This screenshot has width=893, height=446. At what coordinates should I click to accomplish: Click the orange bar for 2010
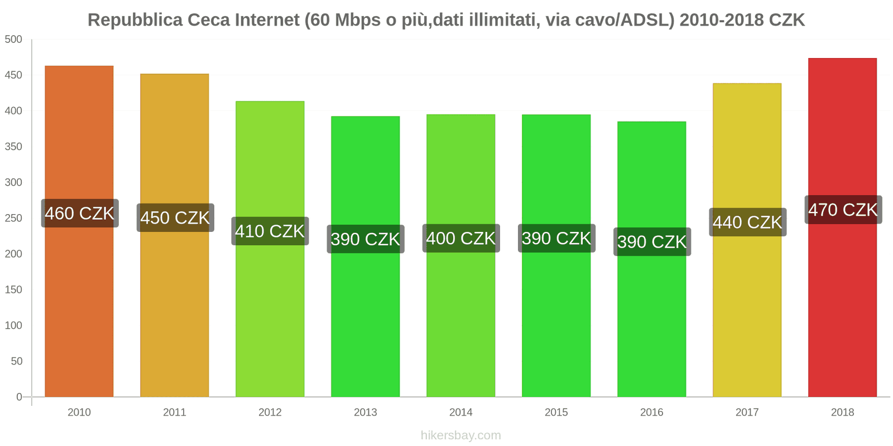pos(79,307)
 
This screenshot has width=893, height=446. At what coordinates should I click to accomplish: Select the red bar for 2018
pos(842,307)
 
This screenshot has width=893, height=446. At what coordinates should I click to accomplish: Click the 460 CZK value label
pos(80,214)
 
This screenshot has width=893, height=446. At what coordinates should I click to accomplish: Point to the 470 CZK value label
pos(843,210)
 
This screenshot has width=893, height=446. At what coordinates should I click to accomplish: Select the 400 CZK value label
pos(461,239)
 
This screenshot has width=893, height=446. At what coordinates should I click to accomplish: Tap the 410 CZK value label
pos(270,231)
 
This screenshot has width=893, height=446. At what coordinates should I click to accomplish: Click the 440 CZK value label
pos(747,222)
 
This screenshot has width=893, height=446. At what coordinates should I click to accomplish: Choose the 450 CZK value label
pos(175,218)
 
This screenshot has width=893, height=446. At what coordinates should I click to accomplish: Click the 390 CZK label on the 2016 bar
pos(652,242)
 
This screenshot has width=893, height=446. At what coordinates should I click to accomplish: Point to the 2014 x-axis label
pos(461,413)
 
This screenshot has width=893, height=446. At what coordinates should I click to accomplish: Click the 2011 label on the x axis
pos(175,413)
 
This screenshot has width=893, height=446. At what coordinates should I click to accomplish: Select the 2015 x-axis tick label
pos(556,413)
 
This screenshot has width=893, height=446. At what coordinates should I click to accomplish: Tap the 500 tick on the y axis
pos(13,40)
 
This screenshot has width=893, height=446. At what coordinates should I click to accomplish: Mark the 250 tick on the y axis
pos(13,218)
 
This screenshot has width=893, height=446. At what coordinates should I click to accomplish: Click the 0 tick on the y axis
pos(19,397)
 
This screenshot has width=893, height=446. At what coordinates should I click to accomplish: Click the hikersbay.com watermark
pos(461,435)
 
